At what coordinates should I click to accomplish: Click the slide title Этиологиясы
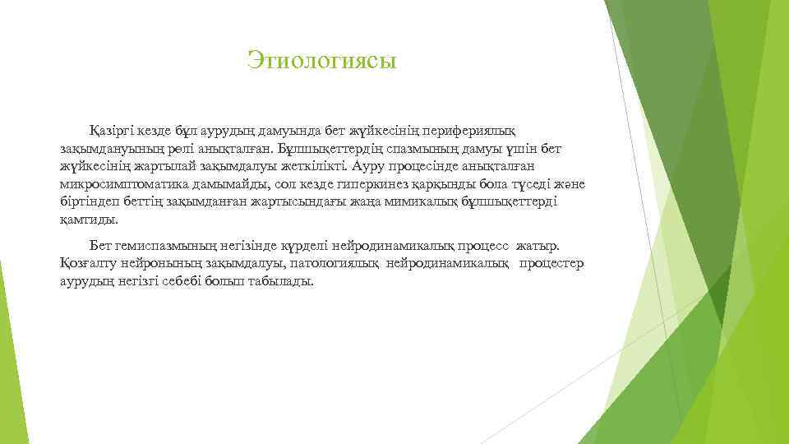[x=321, y=60]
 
